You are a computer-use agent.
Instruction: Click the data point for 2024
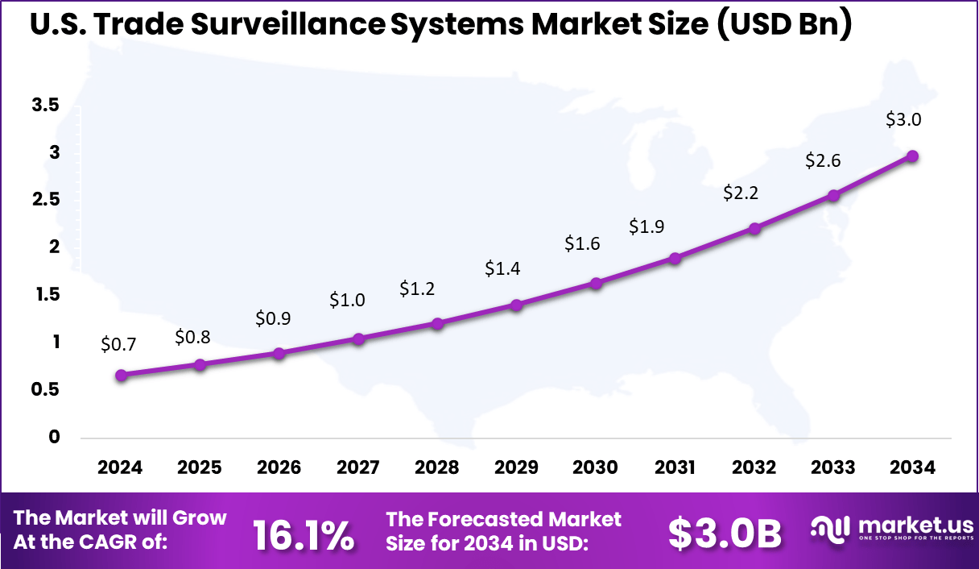(121, 375)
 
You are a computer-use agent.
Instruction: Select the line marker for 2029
(517, 305)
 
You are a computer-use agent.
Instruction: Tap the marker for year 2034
(912, 156)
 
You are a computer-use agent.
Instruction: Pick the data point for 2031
(675, 258)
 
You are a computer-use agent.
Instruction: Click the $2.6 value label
(823, 161)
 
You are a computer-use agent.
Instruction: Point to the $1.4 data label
(502, 269)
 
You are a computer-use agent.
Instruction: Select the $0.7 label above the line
(118, 345)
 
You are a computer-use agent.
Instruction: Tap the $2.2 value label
(741, 193)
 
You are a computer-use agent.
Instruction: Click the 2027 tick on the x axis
(357, 468)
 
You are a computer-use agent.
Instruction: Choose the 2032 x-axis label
(754, 468)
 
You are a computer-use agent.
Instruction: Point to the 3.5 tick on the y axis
(45, 106)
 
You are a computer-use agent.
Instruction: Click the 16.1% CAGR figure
(304, 535)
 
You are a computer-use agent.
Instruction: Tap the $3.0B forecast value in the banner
(725, 533)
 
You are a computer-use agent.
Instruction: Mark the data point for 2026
(279, 353)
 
